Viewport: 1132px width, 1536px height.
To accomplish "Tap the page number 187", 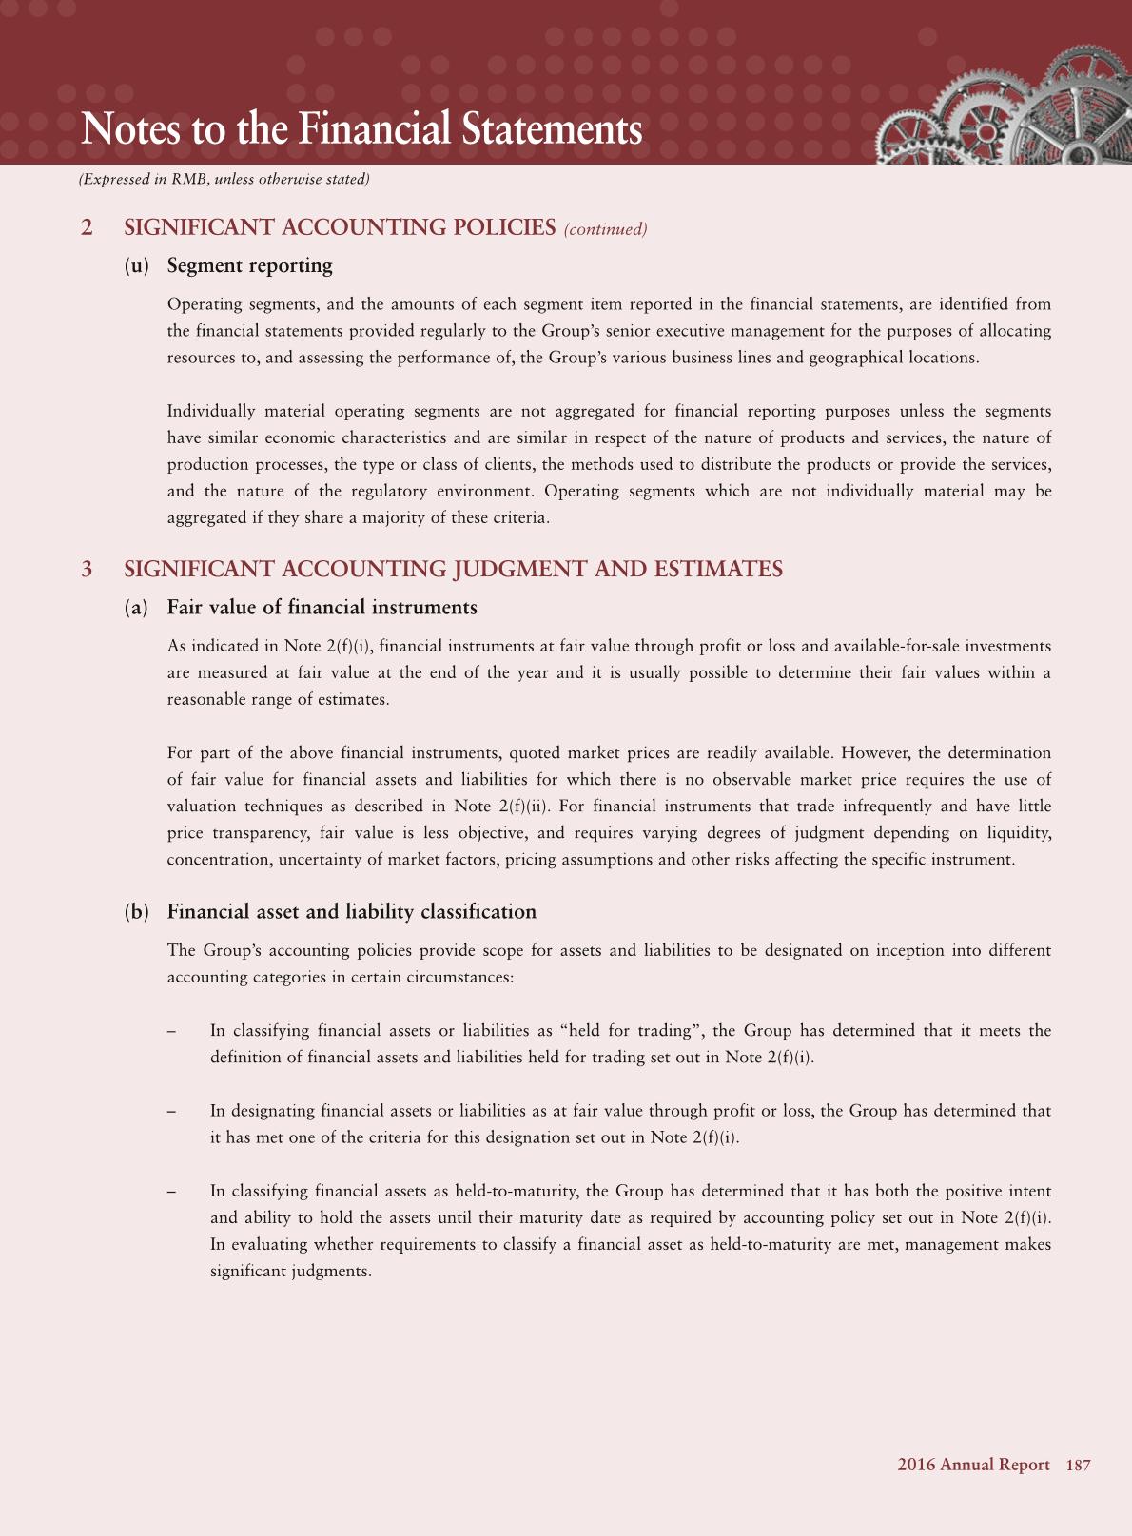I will [x=1078, y=1465].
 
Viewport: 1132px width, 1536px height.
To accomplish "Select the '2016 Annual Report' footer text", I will [x=973, y=1465].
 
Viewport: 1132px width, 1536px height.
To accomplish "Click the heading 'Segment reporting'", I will [x=249, y=265].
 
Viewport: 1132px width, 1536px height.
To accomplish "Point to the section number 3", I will [x=88, y=570].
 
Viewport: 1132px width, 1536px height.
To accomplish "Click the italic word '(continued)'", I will [x=605, y=229].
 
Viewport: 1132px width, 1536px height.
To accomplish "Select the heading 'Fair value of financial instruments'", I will [x=322, y=608].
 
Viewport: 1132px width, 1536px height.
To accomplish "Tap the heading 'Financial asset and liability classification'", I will [x=351, y=912].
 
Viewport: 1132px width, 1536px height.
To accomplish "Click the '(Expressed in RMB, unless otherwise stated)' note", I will [x=224, y=179].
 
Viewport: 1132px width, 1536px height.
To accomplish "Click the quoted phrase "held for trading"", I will [x=633, y=1031].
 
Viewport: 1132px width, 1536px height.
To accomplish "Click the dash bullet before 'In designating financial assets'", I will [x=171, y=1111].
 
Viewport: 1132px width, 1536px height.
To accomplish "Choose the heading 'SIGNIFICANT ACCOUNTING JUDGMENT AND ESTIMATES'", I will [x=453, y=570].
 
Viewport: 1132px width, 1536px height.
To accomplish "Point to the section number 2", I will [x=88, y=228].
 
